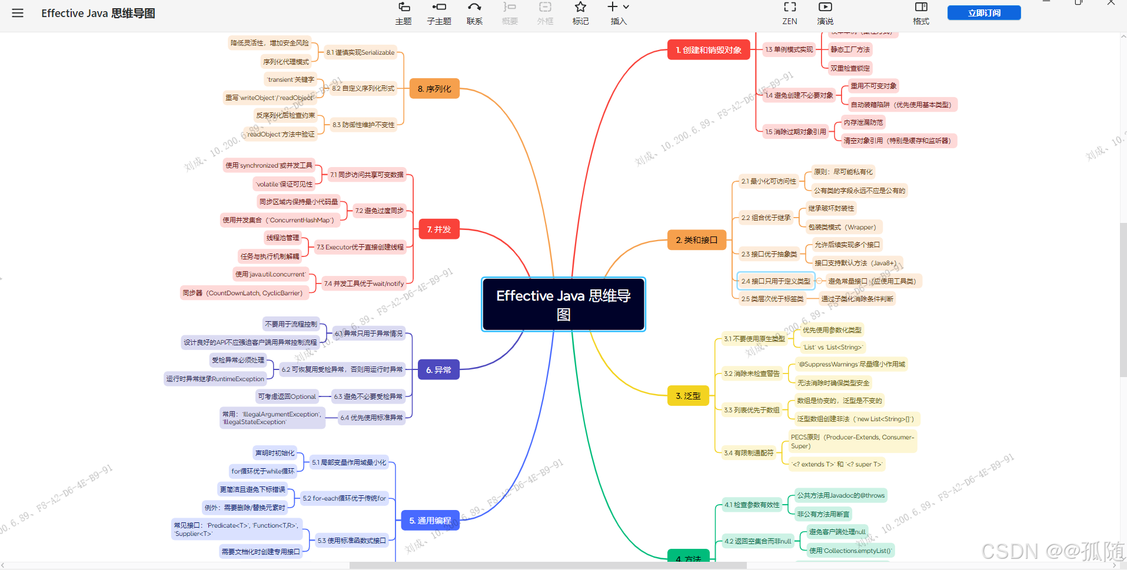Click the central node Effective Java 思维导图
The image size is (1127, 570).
click(x=563, y=304)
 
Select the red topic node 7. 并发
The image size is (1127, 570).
click(x=438, y=229)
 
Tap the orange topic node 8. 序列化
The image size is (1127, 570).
click(x=434, y=89)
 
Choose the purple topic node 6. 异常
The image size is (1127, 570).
click(x=438, y=370)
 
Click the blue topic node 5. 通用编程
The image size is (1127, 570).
click(x=430, y=521)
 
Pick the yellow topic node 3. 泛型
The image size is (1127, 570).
click(x=688, y=396)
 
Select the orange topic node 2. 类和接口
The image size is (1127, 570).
click(x=697, y=240)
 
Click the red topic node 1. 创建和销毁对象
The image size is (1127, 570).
click(x=709, y=50)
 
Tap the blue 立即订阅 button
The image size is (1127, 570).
click(x=984, y=13)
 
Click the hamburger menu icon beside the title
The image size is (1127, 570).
click(x=18, y=13)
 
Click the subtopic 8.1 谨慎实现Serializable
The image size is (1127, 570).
click(x=360, y=52)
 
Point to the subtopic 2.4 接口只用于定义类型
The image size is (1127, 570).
click(x=776, y=281)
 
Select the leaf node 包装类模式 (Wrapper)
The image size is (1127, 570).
click(x=842, y=227)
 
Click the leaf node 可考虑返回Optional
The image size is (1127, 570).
click(x=287, y=396)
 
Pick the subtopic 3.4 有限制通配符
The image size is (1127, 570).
click(x=749, y=453)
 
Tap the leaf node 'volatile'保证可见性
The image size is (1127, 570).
click(x=285, y=184)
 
